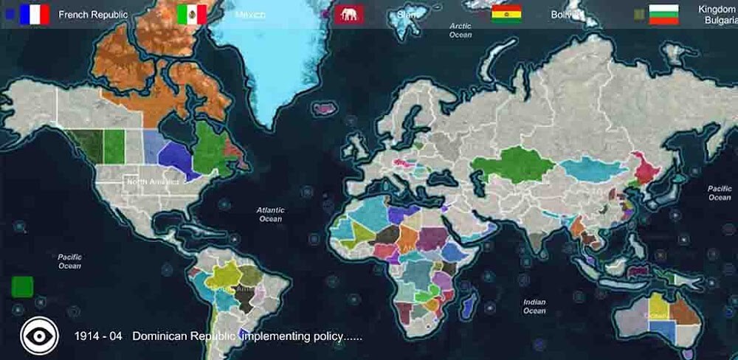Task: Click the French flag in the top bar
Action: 35,14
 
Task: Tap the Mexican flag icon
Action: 192,14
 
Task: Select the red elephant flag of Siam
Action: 349,14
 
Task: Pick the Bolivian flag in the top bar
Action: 506,14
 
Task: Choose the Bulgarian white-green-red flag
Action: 663,14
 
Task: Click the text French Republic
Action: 93,14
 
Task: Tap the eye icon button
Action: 38,336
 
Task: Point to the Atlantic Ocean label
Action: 270,214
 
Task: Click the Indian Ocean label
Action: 534,306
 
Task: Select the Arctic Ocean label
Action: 461,30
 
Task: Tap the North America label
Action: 153,181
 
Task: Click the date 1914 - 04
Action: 98,336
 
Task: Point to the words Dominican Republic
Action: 184,336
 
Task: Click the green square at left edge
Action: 22,286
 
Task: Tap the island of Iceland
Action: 324,109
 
